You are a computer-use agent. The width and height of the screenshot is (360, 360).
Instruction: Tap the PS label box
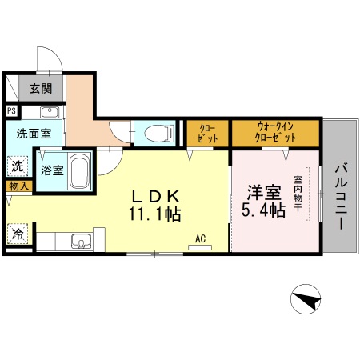click(x=11, y=111)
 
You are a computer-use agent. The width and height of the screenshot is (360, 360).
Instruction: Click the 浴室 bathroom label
click(x=52, y=170)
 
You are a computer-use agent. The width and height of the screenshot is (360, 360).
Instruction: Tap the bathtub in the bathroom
click(x=78, y=171)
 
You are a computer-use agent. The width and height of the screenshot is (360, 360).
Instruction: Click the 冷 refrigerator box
click(x=17, y=235)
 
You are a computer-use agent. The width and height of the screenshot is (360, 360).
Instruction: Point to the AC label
click(x=200, y=238)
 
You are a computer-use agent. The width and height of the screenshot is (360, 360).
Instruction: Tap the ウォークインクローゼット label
click(x=277, y=132)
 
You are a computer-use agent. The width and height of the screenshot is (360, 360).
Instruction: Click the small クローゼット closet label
click(x=207, y=132)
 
